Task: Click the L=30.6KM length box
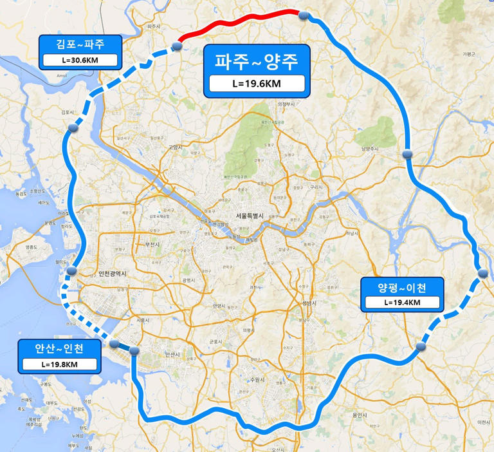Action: point(80,61)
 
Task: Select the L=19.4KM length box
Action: point(402,302)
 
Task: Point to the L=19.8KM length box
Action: point(59,364)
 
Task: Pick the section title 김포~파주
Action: point(80,44)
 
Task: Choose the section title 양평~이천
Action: point(402,287)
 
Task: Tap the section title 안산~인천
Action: point(59,348)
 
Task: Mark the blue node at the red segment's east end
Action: point(305,15)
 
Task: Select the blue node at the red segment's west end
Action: point(177,46)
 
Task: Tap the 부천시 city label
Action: point(152,244)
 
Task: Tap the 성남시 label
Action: point(310,303)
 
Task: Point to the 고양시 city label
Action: point(176,147)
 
